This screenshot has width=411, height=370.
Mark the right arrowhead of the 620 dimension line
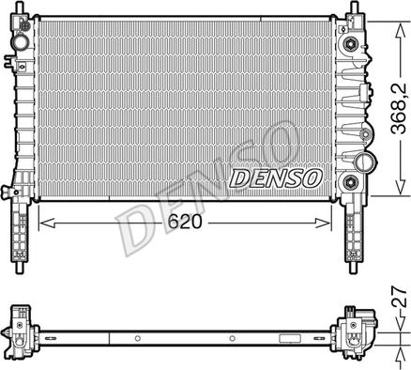point(328,224)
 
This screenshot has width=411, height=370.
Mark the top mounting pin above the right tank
point(355,8)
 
